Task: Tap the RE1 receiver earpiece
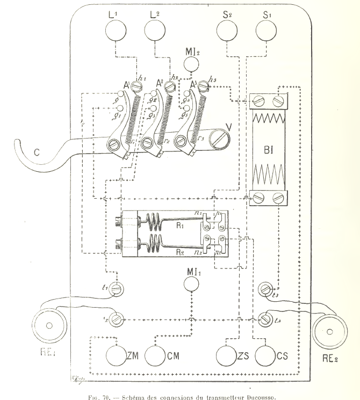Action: pos(48,325)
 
